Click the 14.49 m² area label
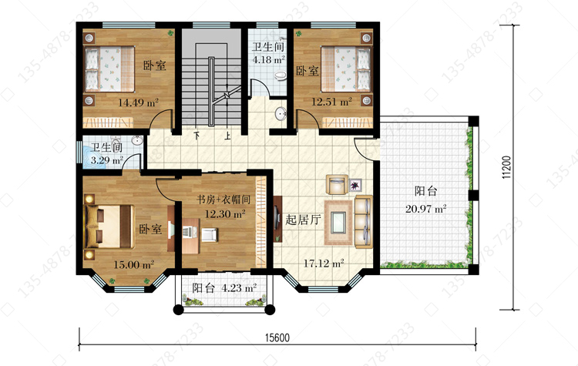pos(138,102)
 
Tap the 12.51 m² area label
pos(331,102)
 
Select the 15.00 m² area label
pos(133,264)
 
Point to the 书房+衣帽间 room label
pos(223,200)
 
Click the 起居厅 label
pos(303,220)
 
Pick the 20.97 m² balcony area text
pos(425,209)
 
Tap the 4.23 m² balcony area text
pos(239,287)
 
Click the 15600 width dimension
pos(277,337)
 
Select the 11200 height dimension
pos(507,167)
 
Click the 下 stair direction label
pos(197,136)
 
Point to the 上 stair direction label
pos(228,136)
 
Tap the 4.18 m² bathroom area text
pos(268,59)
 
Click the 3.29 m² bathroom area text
pos(107,160)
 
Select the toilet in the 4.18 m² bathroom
pos(281,76)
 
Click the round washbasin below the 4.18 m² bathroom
pos(281,114)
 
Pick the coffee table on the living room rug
pos(338,223)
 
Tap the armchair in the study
pos(209,234)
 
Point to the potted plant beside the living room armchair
pos(356,185)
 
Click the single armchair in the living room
pos(337,184)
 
